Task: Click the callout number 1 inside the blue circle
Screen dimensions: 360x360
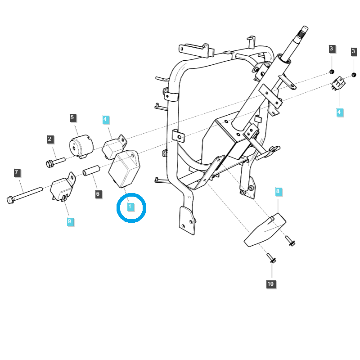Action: [x=130, y=207]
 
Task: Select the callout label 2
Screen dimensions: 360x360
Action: [x=50, y=139]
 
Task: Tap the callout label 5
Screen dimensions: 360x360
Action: [x=73, y=118]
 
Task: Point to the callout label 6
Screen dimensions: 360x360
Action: [x=98, y=194]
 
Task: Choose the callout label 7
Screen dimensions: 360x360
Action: [x=17, y=172]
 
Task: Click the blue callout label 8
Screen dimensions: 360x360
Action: [x=278, y=192]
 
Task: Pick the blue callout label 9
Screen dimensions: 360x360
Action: [x=69, y=221]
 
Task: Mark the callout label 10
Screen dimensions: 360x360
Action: [x=270, y=284]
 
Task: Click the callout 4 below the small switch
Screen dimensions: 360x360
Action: [x=339, y=111]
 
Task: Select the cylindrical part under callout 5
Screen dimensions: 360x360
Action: [x=80, y=147]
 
